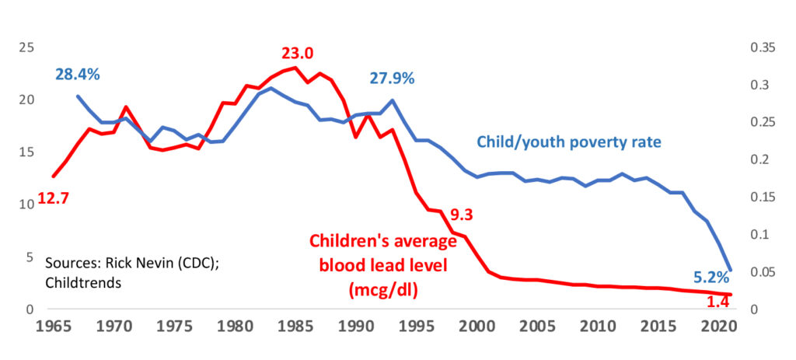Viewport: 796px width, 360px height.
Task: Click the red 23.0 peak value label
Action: click(x=298, y=54)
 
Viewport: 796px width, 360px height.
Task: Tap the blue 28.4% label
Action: click(x=77, y=75)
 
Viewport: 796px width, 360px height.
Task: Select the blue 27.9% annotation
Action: click(x=392, y=79)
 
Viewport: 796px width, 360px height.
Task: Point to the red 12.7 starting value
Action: click(x=53, y=198)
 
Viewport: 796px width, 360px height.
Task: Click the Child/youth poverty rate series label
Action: click(x=568, y=142)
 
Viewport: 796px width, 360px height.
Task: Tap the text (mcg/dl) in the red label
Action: click(x=379, y=291)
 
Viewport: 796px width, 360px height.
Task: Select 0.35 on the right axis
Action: click(x=763, y=47)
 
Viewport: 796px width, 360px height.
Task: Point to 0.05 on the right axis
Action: click(x=763, y=272)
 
